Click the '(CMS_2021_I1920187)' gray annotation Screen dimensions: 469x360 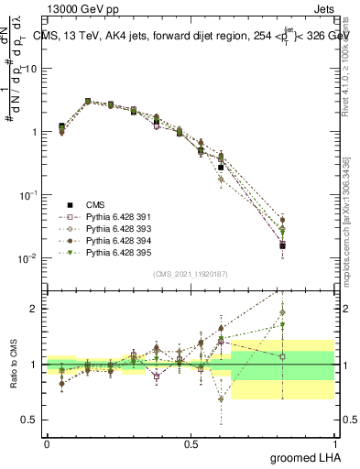pos(191,273)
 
